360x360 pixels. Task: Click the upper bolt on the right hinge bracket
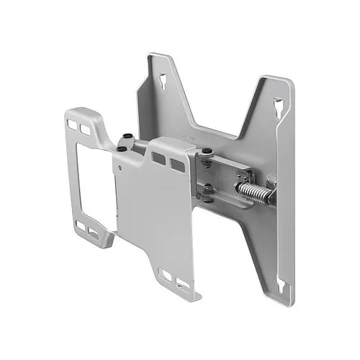pos(207,151)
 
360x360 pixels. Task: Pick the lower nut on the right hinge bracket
pos(207,189)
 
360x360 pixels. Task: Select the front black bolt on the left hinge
pos(123,148)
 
